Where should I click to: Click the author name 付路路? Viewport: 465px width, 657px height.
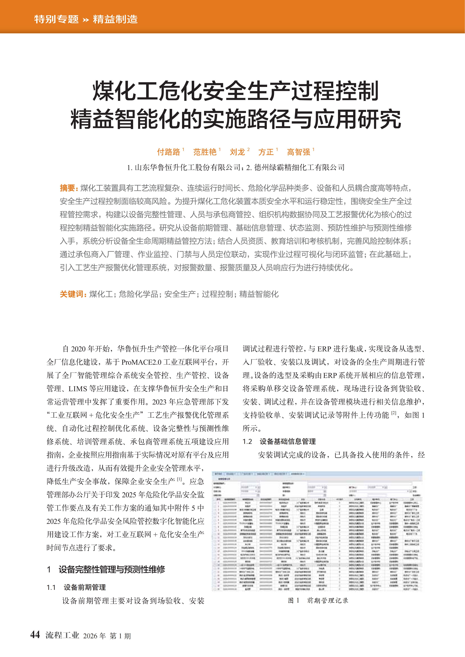pos(168,152)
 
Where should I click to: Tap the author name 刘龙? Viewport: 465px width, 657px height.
pos(237,152)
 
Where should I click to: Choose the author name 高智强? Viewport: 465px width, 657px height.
pos(298,152)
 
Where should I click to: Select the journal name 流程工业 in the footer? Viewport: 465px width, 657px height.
pos(62,635)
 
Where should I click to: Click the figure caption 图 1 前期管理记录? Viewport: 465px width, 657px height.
pos(318,600)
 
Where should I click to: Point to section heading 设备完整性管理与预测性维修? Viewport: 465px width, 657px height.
pos(112,569)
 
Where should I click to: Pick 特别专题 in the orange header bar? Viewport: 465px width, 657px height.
pos(56,19)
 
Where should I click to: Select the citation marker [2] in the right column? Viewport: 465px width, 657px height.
pos(394,413)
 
